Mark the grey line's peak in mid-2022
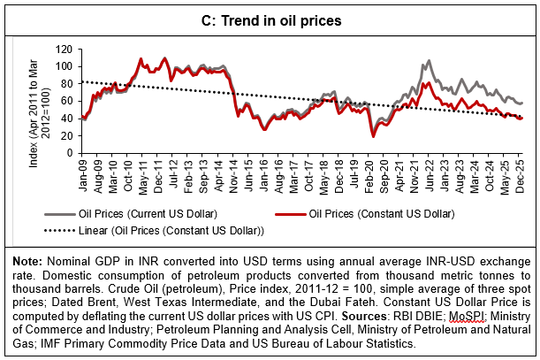click(429, 61)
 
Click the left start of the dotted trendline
click(82, 81)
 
